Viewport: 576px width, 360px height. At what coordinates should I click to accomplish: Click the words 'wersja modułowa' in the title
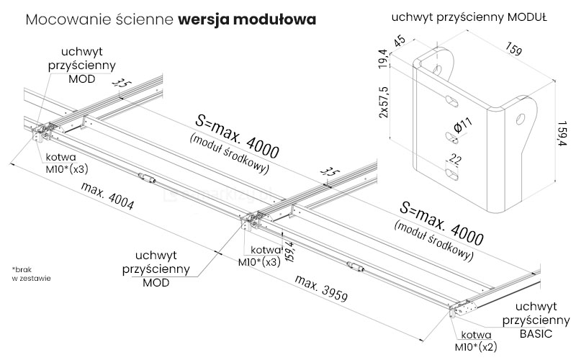click(x=246, y=19)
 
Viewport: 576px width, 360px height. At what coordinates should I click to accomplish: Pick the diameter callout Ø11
click(x=462, y=127)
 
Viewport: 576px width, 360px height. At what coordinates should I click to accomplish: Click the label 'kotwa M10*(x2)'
click(x=476, y=340)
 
